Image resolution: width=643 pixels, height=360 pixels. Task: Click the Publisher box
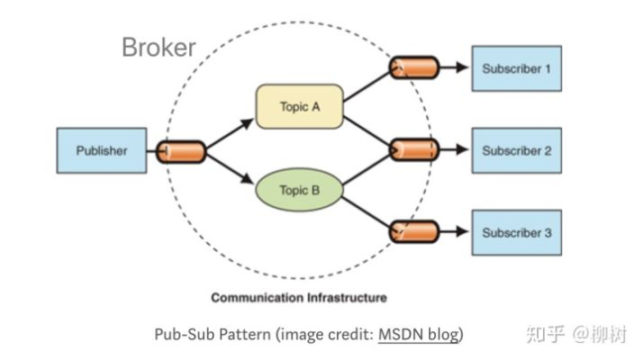coord(101,150)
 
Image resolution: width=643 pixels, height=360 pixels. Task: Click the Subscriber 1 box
coord(516,68)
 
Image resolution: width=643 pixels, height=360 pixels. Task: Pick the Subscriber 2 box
coord(516,150)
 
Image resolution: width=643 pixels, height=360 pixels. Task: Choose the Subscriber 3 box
coord(516,232)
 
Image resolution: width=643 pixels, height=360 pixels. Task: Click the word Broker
coord(158,48)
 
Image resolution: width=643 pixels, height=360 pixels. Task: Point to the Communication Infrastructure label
coord(298,297)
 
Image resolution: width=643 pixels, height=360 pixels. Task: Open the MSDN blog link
coord(418,335)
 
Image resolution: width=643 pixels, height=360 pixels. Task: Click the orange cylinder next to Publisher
coord(181,151)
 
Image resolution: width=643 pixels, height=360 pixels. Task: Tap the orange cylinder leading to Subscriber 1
coord(413,67)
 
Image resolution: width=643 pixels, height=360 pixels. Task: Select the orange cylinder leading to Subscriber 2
coord(413,149)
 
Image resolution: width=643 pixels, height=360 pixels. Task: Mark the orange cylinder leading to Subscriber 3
coord(413,231)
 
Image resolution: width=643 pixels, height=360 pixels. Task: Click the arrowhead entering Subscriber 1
coord(462,67)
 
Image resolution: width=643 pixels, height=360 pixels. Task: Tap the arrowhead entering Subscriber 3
coord(462,231)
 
